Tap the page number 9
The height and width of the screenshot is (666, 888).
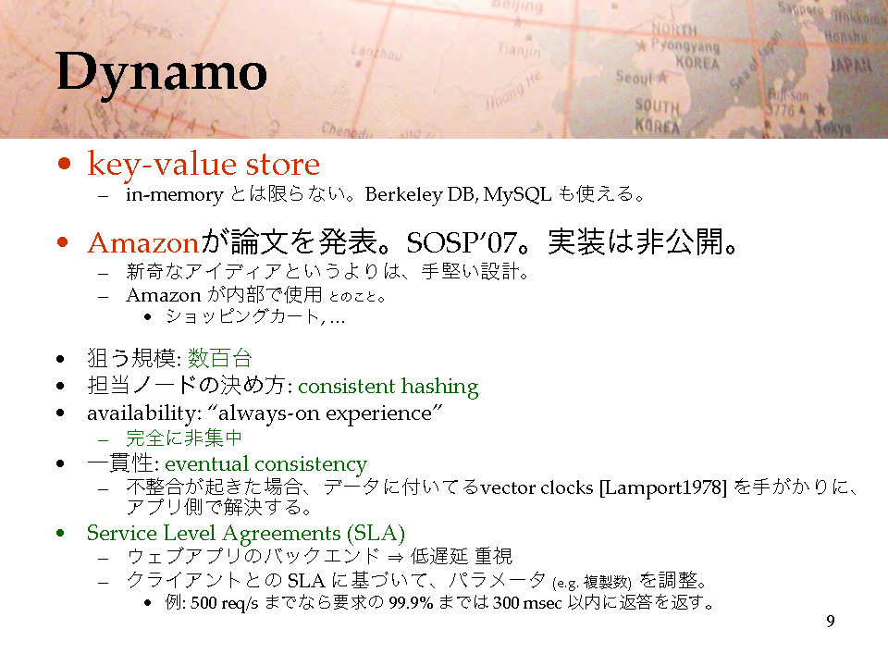click(x=831, y=622)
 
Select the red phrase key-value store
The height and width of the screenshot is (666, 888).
click(x=203, y=165)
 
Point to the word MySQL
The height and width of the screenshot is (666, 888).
click(x=517, y=194)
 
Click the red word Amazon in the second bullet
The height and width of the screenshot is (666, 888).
click(x=142, y=243)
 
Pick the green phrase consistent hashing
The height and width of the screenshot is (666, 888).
click(x=388, y=387)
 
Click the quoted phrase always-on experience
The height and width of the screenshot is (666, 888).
click(x=325, y=413)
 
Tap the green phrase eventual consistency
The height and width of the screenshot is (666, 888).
click(x=265, y=463)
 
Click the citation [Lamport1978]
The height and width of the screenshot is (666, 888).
click(x=662, y=487)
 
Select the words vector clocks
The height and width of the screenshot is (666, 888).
click(x=536, y=487)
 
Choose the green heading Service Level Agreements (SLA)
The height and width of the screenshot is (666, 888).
click(x=246, y=534)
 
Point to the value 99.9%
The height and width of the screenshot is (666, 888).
click(x=411, y=602)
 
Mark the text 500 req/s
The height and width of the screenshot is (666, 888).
click(x=224, y=603)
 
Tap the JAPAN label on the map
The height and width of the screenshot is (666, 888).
click(x=851, y=65)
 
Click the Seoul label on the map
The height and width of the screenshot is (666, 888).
click(x=635, y=77)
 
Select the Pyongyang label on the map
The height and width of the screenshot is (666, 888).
click(x=684, y=45)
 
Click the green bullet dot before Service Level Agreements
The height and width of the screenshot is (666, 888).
click(x=61, y=533)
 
